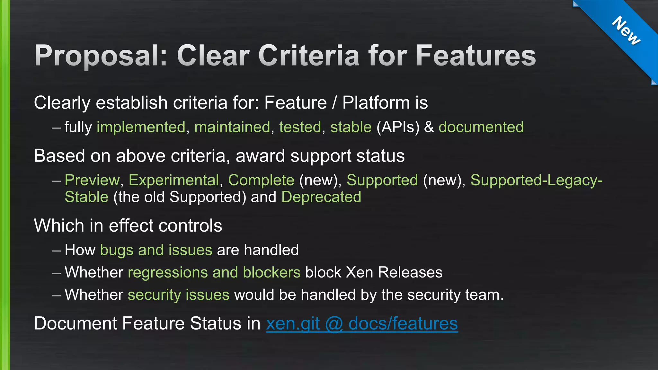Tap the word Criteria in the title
tap(308, 56)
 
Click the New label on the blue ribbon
tap(626, 31)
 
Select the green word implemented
tap(141, 127)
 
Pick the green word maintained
tap(232, 127)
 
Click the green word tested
tap(300, 127)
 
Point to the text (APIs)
tap(398, 127)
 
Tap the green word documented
tap(481, 127)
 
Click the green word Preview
tap(92, 180)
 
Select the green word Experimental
tap(174, 180)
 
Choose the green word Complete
tap(261, 180)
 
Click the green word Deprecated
tap(321, 197)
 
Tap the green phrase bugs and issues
tap(156, 250)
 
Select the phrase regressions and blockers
tap(214, 273)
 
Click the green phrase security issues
tap(179, 295)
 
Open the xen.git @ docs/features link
tap(362, 324)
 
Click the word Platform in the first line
tap(376, 103)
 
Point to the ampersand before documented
tap(429, 127)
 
